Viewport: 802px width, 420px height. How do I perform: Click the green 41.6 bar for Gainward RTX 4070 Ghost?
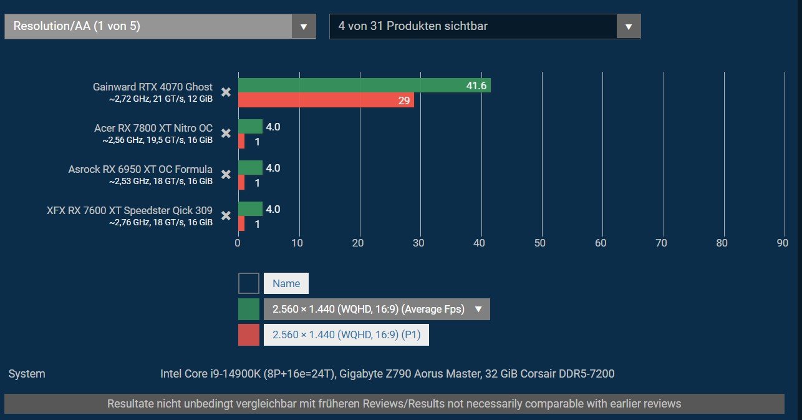click(x=364, y=85)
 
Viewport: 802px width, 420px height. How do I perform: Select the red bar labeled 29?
click(x=326, y=100)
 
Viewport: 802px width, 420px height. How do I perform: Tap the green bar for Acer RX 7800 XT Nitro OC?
click(x=250, y=127)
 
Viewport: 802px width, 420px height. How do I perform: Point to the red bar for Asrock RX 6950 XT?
click(x=242, y=182)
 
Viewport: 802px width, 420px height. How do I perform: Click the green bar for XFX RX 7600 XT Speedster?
click(x=250, y=209)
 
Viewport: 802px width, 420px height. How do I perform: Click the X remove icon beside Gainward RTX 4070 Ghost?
click(x=226, y=92)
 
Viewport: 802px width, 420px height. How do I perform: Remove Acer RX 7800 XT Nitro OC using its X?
click(x=226, y=134)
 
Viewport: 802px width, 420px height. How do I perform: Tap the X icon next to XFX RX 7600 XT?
click(x=226, y=216)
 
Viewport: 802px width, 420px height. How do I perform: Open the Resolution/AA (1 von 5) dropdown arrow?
click(x=304, y=26)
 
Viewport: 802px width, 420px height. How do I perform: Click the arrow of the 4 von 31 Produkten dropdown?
click(x=629, y=26)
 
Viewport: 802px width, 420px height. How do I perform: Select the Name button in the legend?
click(x=286, y=283)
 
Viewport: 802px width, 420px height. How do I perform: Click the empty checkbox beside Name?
click(x=249, y=283)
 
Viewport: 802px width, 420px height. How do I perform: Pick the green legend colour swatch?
click(x=249, y=310)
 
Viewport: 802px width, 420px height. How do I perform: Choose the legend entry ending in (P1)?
click(x=346, y=335)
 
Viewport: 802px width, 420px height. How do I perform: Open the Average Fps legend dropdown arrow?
click(x=478, y=309)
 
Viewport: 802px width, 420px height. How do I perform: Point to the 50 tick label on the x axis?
click(x=540, y=243)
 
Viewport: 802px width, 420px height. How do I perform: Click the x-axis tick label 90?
click(x=782, y=243)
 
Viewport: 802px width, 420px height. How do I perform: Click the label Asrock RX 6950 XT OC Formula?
click(x=140, y=169)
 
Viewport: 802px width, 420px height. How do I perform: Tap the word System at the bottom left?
click(x=27, y=374)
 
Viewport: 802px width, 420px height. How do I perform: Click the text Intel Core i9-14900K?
click(x=211, y=374)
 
